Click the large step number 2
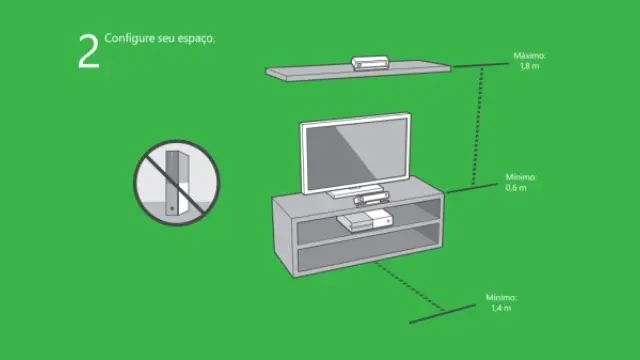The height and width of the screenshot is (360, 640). tap(89, 51)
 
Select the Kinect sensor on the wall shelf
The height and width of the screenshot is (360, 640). tap(370, 63)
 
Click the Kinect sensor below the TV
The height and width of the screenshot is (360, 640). tap(372, 200)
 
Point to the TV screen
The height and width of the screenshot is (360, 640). tap(356, 156)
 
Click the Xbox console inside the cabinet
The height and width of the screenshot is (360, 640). tap(365, 221)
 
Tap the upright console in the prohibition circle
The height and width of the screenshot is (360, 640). tap(178, 183)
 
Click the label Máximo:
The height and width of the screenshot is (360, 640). tap(529, 56)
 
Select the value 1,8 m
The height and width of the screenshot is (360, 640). tap(529, 66)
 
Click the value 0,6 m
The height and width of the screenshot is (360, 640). tap(516, 188)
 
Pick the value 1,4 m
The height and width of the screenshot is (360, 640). tap(501, 308)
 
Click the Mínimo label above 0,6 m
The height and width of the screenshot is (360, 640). tap(521, 177)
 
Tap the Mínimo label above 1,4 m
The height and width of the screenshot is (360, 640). tap(501, 298)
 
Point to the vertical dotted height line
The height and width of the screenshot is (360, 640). tap(478, 127)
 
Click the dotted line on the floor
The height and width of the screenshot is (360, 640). tap(408, 286)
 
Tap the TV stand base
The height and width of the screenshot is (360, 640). tap(356, 191)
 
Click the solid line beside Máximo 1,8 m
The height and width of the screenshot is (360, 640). tap(481, 65)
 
